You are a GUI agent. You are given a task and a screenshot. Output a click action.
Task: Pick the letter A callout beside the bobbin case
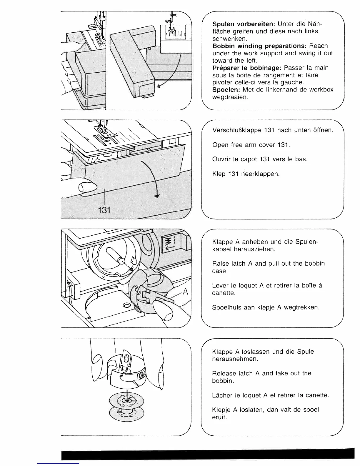185,292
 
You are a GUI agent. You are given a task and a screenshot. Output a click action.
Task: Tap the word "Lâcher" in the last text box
222,395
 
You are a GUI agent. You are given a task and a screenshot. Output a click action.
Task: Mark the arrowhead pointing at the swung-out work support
159,86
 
